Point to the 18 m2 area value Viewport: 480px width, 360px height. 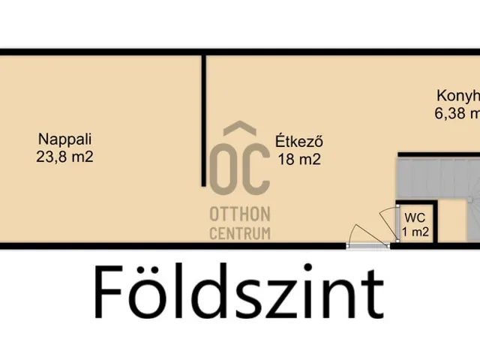point(298,158)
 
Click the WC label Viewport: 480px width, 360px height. point(415,217)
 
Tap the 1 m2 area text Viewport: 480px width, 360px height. point(415,232)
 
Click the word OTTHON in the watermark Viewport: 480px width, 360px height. point(239,213)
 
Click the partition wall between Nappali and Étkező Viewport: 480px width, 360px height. point(202,120)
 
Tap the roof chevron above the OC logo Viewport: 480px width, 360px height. point(239,130)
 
